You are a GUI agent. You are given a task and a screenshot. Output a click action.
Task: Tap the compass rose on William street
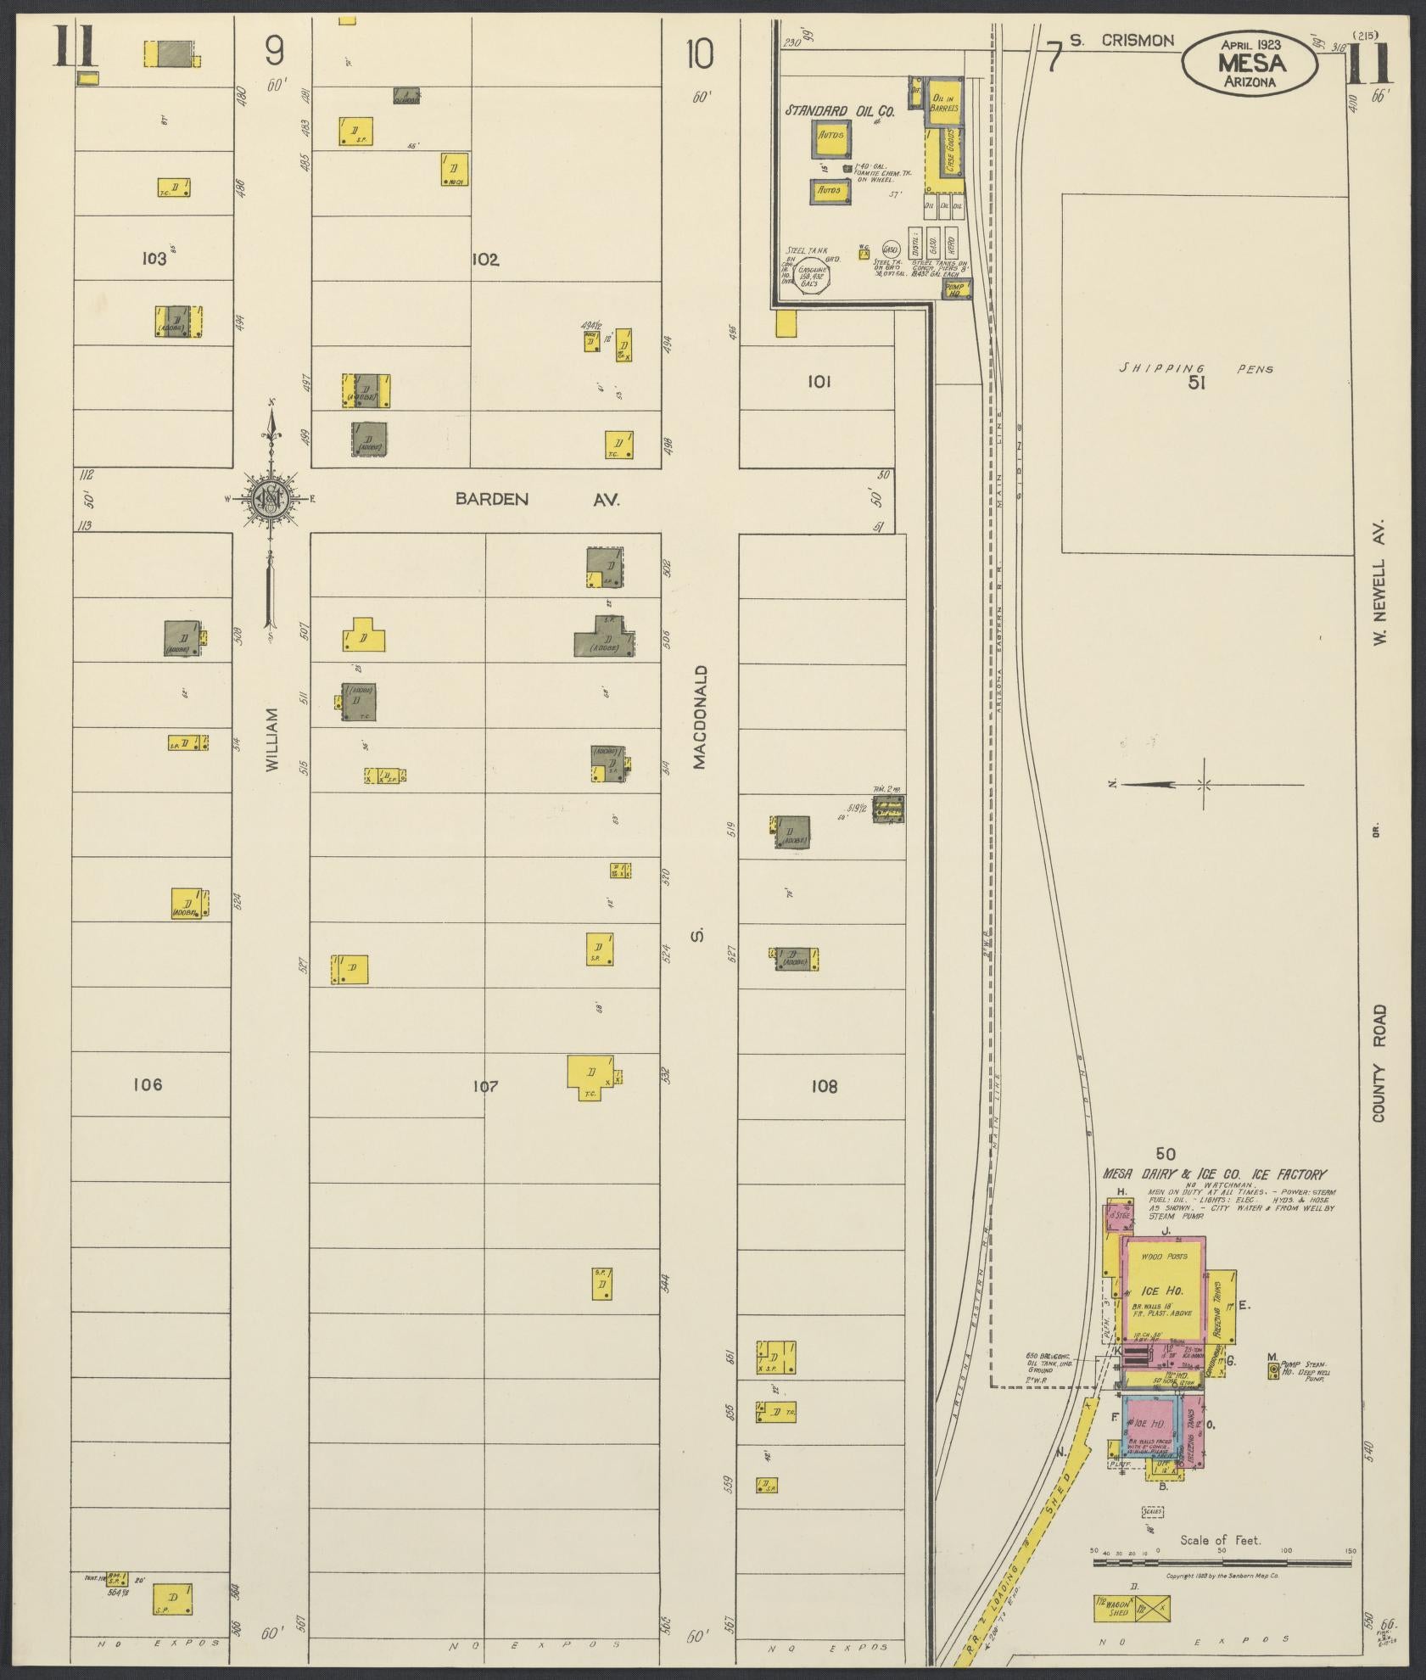coord(271,499)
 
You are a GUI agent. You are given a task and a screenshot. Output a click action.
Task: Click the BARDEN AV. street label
coord(538,500)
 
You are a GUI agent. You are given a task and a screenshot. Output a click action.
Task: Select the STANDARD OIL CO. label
coord(840,111)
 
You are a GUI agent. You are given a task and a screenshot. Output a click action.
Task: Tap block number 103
coord(154,259)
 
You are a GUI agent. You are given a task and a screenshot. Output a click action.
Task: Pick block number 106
coord(148,1084)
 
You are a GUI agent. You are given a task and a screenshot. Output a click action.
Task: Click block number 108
coord(824,1086)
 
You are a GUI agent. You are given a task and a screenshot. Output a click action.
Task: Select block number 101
coord(819,382)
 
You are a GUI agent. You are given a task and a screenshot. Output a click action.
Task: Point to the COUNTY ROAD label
coord(1379,1063)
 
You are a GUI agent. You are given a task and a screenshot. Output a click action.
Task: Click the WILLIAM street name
coord(271,740)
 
